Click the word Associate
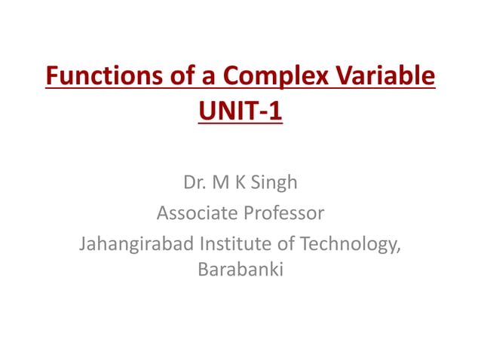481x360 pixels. pos(195,214)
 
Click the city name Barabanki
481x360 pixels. pos(240,269)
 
